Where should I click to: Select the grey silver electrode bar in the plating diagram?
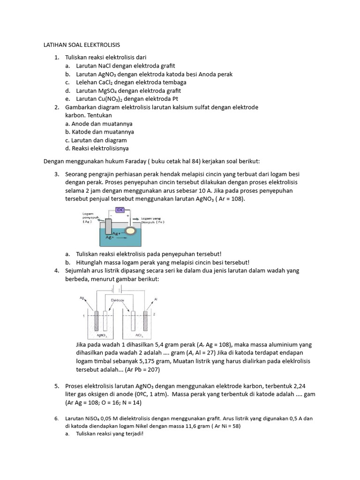[109, 226]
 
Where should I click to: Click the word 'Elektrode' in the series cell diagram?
[118, 300]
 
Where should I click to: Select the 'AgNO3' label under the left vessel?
[101, 335]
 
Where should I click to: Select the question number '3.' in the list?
[56, 174]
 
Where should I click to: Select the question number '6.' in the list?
[56, 419]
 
